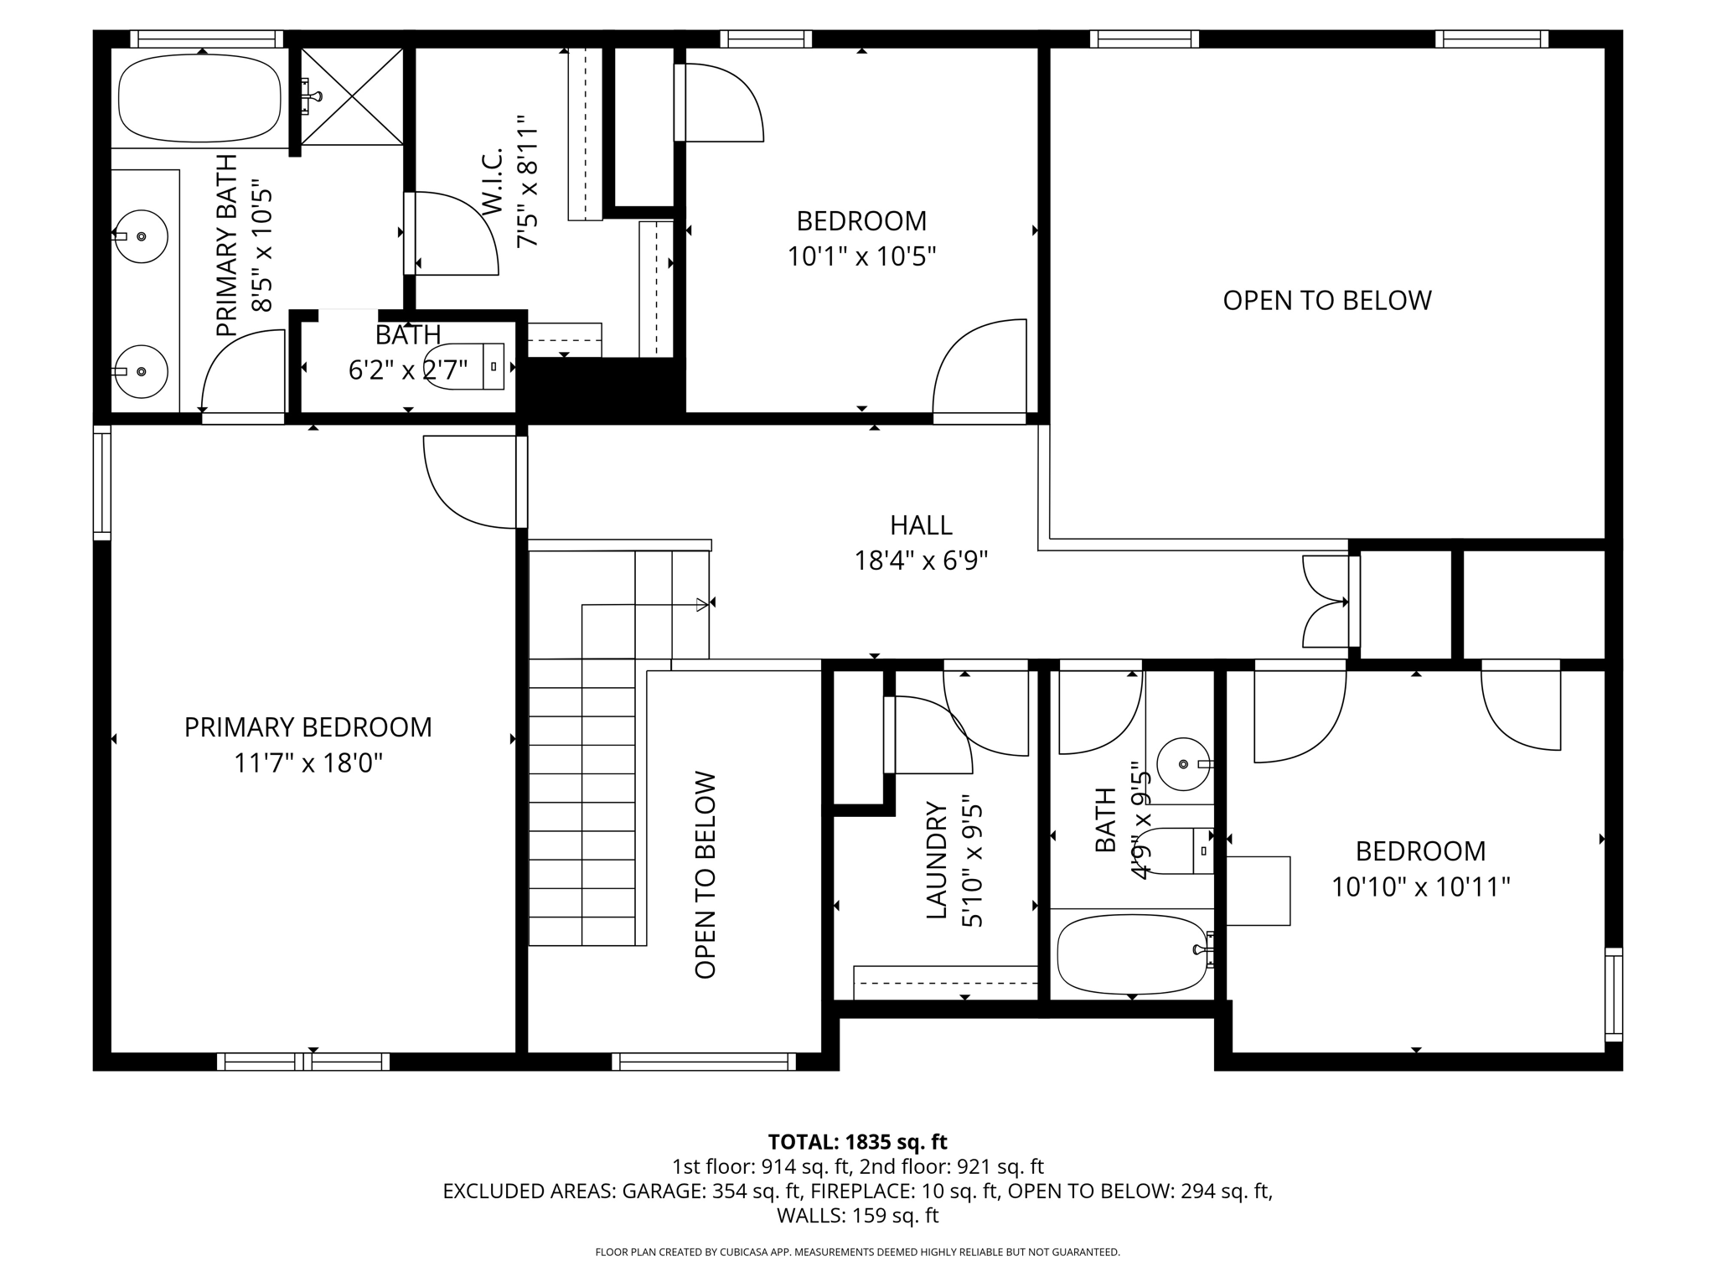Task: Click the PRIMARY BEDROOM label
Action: [x=308, y=727]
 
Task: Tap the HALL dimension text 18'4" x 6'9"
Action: [x=921, y=561]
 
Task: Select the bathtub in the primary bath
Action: [x=200, y=100]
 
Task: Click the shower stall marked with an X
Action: [x=352, y=96]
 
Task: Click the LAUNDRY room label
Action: [x=936, y=860]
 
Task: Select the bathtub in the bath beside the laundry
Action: [x=1131, y=954]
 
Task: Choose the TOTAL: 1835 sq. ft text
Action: [x=857, y=1142]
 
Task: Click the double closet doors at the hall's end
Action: [x=1326, y=602]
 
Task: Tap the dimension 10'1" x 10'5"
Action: [x=861, y=256]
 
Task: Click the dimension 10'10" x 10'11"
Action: [x=1420, y=886]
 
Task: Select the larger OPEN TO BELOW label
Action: [x=1326, y=301]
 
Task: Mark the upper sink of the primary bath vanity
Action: [x=140, y=236]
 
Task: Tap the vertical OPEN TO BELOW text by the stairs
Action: [x=706, y=875]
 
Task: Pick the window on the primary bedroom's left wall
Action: [x=101, y=483]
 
